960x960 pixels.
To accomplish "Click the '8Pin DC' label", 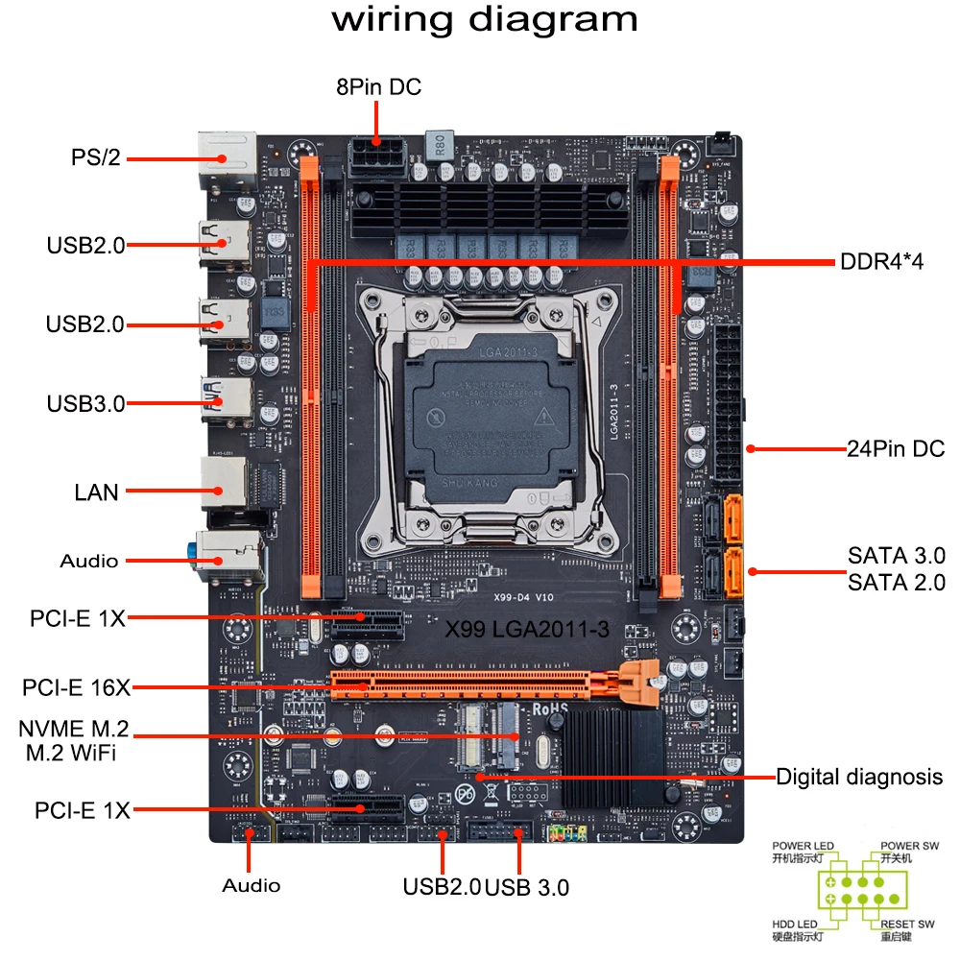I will pos(378,87).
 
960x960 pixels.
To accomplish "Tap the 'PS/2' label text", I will pos(96,156).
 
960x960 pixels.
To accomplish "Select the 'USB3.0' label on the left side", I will pos(85,403).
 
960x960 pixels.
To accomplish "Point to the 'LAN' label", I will pos(97,492).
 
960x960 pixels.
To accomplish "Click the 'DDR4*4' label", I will pos(880,260).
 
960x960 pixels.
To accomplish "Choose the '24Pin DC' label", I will pos(896,448).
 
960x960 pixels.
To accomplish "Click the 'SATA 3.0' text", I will pos(896,556).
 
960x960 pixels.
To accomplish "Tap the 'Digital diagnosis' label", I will pos(859,776).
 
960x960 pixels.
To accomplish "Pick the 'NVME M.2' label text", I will pos(74,728).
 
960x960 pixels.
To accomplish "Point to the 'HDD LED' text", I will pos(796,924).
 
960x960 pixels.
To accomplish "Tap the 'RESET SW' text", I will pos(907,924).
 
